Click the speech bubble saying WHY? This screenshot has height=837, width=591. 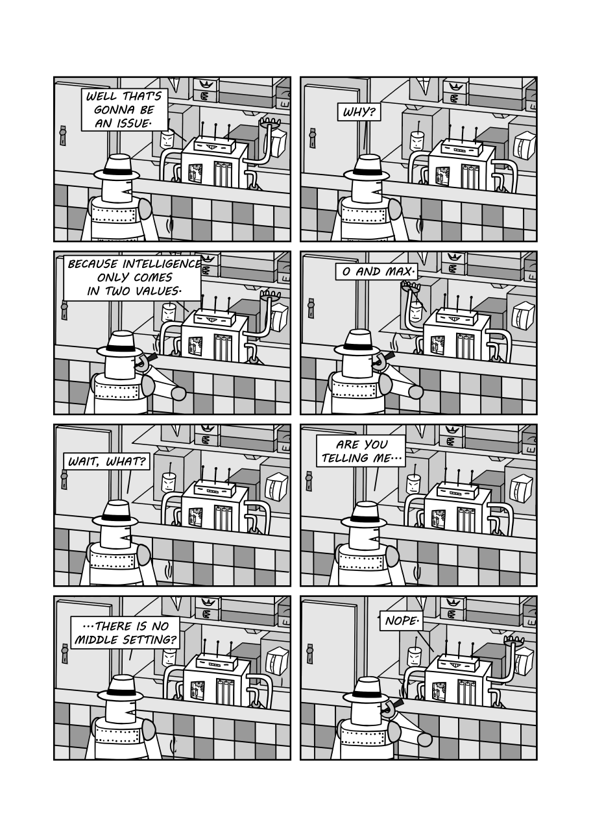pyautogui.click(x=359, y=112)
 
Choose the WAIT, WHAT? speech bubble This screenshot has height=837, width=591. pyautogui.click(x=106, y=461)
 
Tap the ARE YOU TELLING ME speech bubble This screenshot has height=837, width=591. pyautogui.click(x=361, y=451)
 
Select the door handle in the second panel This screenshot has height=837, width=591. pyautogui.click(x=312, y=137)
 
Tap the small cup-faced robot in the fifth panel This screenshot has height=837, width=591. pyautogui.click(x=169, y=481)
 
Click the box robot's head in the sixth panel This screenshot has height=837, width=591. pyautogui.click(x=457, y=488)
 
